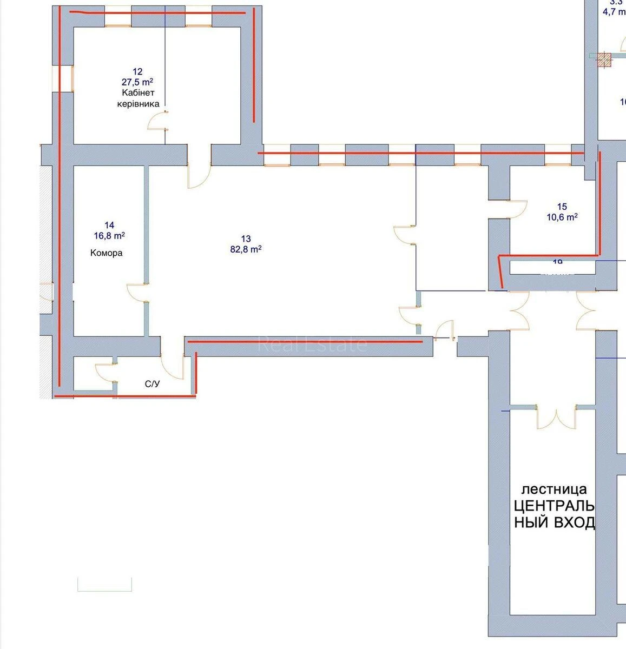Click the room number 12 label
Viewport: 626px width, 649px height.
click(x=137, y=71)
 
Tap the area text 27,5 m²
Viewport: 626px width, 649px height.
click(x=137, y=82)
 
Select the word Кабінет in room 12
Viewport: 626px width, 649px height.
click(x=138, y=93)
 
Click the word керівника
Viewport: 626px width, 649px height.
click(x=138, y=104)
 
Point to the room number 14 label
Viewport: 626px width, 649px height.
click(x=110, y=225)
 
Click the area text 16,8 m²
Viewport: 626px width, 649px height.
click(x=110, y=236)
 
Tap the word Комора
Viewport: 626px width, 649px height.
click(x=107, y=253)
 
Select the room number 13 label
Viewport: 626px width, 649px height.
click(x=246, y=239)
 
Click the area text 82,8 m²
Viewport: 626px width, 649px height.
click(x=246, y=249)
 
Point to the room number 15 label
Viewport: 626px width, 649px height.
click(x=562, y=207)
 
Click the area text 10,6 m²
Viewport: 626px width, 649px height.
click(x=562, y=217)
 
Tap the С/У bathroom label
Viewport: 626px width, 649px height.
click(x=152, y=384)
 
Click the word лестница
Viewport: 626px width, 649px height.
click(x=553, y=489)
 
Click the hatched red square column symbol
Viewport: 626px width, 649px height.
click(x=604, y=60)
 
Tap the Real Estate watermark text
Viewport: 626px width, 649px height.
click(x=312, y=344)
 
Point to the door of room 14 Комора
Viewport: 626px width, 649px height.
click(x=136, y=292)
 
